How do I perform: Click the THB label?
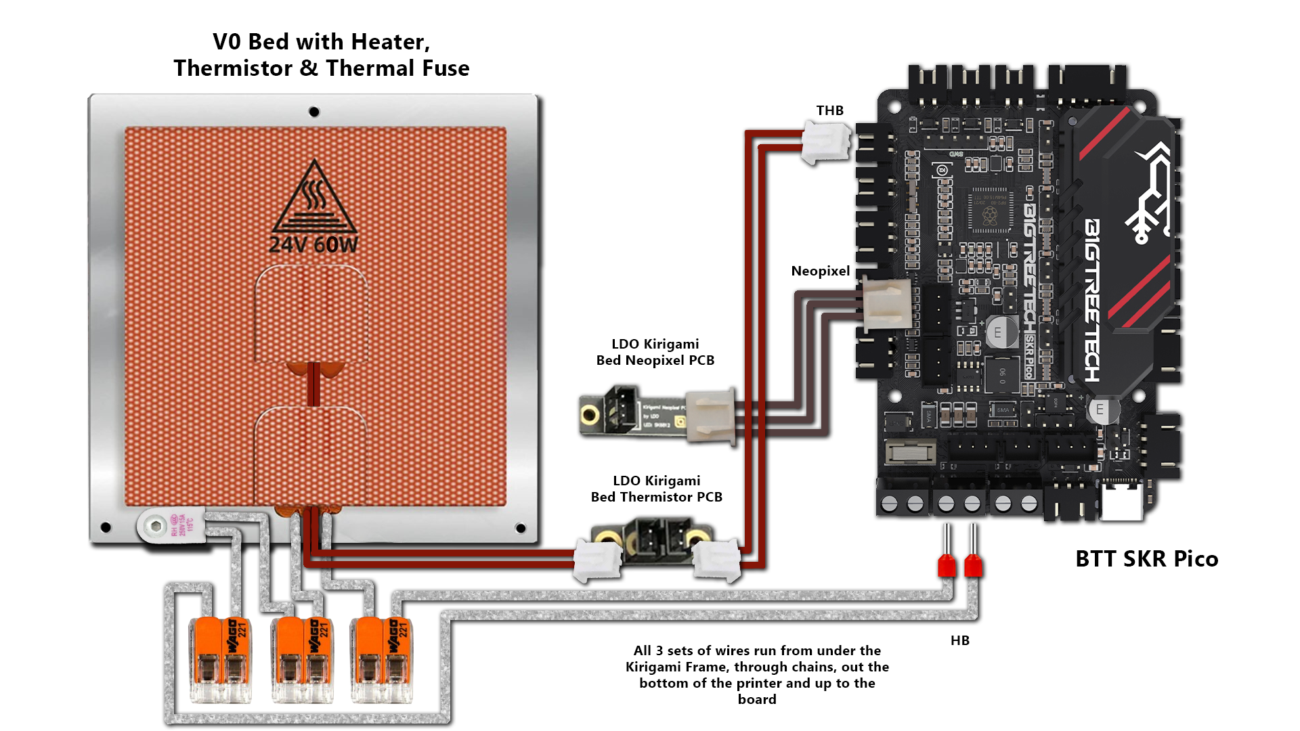[829, 110]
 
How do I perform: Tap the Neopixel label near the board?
[820, 271]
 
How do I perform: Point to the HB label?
[959, 640]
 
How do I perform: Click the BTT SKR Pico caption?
[1146, 558]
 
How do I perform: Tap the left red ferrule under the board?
[947, 564]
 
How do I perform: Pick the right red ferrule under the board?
[973, 564]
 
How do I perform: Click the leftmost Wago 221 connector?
[221, 660]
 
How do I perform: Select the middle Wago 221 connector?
[302, 660]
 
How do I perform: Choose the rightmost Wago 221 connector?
[381, 660]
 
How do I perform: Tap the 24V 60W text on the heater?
[313, 244]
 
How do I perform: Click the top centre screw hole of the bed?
[314, 112]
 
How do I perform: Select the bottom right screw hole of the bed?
[521, 528]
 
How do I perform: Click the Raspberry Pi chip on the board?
[989, 211]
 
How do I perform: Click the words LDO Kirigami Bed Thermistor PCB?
[656, 489]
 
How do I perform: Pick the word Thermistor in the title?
[233, 68]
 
